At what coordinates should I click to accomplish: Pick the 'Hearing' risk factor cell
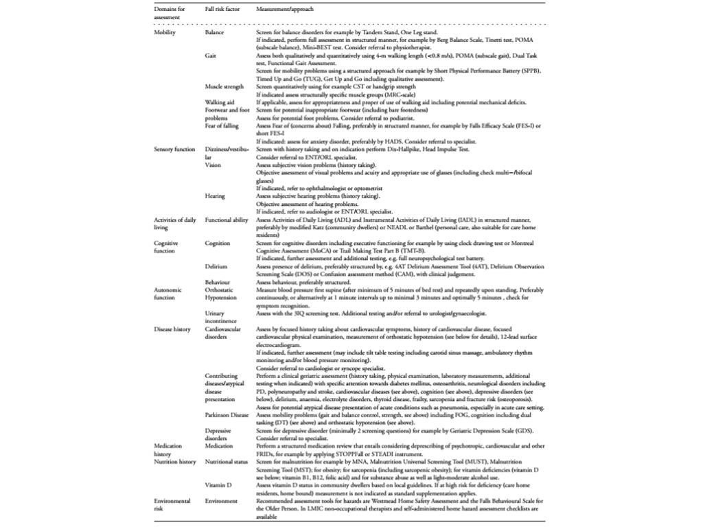215,196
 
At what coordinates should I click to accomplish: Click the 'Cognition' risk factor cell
218,243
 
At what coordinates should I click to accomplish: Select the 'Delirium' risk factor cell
217,266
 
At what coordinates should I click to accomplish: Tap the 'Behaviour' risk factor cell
218,282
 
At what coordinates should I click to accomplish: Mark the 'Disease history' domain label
173,329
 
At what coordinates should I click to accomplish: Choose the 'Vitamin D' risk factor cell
218,484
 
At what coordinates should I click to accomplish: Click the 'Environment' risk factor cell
221,501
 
